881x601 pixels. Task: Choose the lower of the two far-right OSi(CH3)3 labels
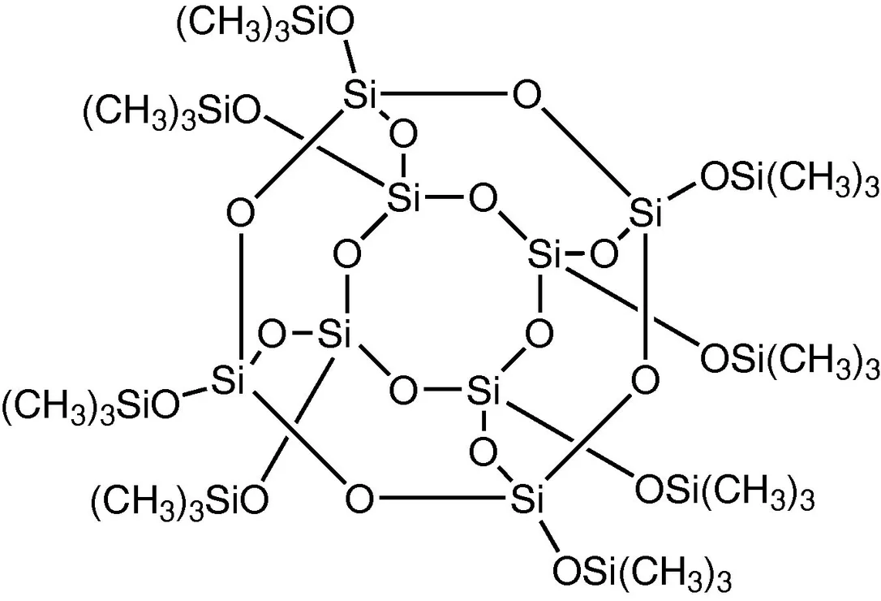pyautogui.click(x=789, y=358)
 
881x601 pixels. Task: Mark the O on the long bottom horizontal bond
pyautogui.click(x=359, y=499)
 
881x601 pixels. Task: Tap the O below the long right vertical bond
pyautogui.click(x=644, y=380)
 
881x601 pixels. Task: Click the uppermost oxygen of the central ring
pyautogui.click(x=483, y=199)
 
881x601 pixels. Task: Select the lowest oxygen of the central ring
pyautogui.click(x=403, y=390)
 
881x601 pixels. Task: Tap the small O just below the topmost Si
pyautogui.click(x=402, y=134)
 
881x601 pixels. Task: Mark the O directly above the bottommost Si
pyautogui.click(x=483, y=451)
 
